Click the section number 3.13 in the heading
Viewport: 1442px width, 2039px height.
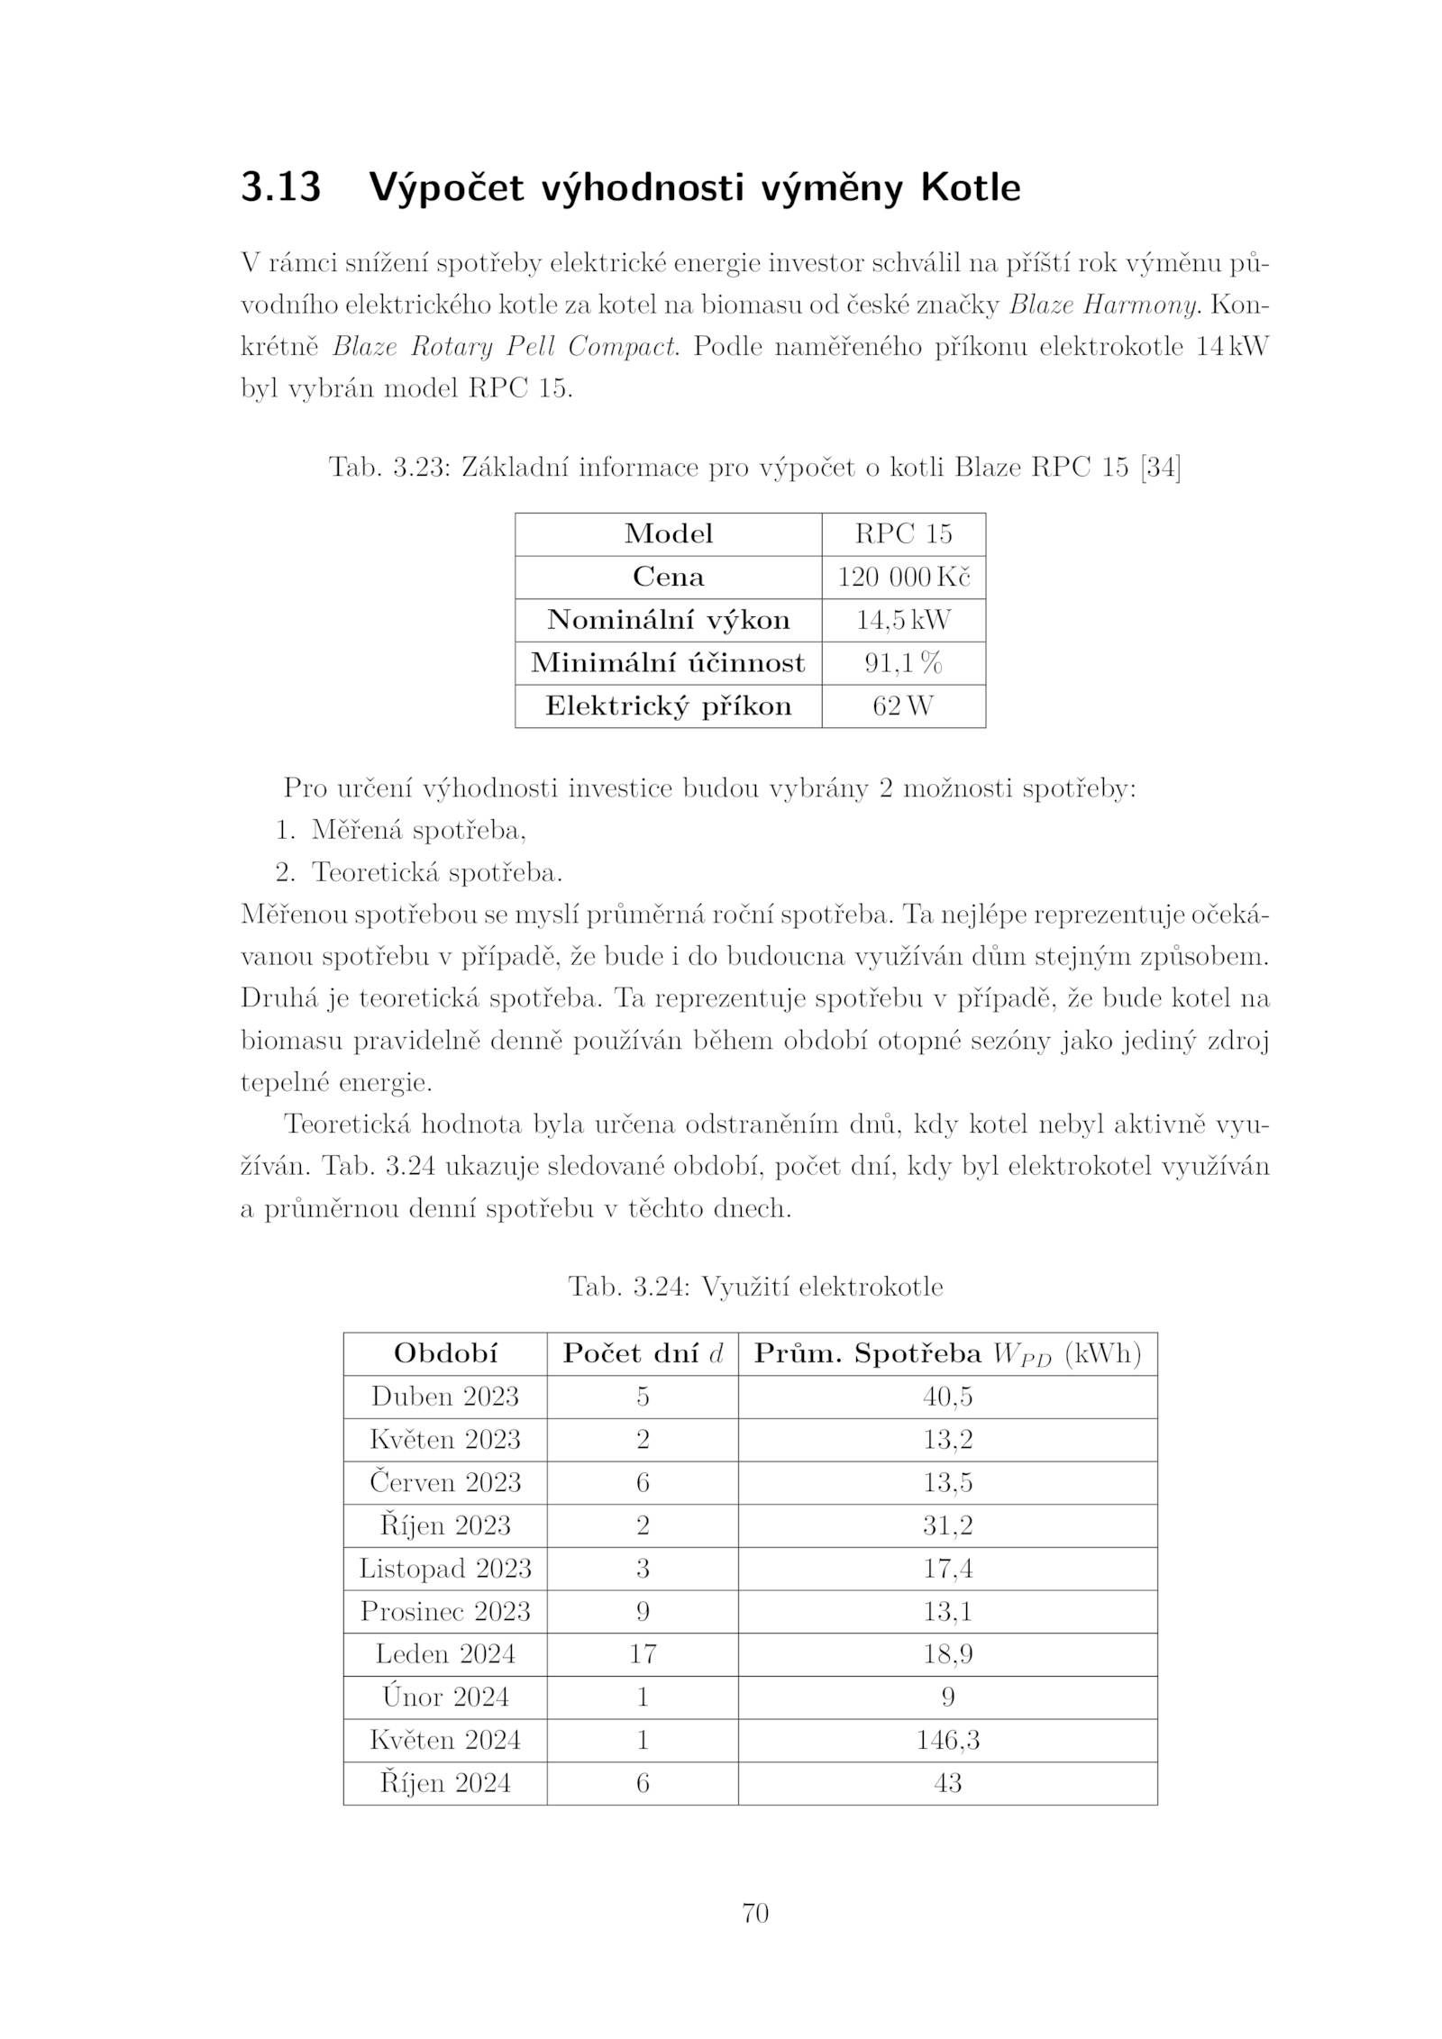280,188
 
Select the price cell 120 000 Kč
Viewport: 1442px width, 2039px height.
903,577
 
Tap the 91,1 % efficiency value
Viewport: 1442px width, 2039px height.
903,663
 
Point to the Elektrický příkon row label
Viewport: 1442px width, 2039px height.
668,705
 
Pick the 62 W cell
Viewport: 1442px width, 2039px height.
903,705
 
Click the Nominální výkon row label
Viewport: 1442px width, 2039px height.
668,620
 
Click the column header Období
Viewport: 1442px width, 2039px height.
445,1353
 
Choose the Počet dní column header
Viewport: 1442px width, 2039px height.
643,1353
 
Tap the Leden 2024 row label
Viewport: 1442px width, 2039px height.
445,1654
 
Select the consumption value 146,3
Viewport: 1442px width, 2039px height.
947,1740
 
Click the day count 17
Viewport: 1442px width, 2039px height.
643,1654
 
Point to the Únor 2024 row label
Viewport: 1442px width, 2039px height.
445,1698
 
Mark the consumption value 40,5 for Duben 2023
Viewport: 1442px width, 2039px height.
947,1397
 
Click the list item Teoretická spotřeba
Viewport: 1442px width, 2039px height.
436,872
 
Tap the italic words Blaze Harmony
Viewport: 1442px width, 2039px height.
1103,305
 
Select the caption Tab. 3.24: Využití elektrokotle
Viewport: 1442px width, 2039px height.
755,1286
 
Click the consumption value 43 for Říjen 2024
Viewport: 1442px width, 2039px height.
947,1783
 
